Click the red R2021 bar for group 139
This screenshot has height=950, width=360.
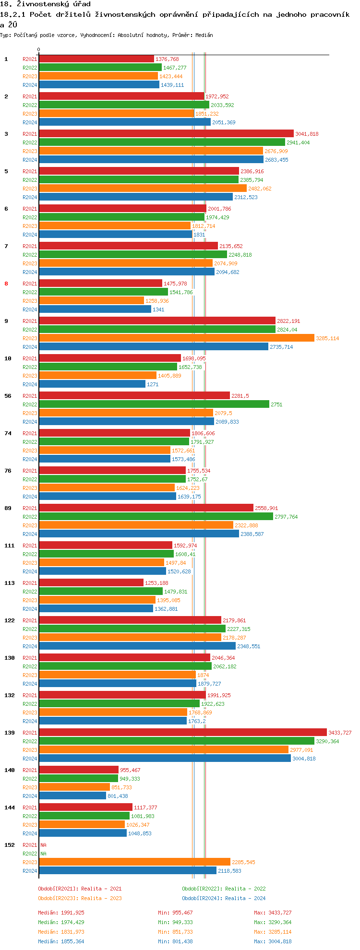tap(182, 732)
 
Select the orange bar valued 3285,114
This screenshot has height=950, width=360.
tap(176, 338)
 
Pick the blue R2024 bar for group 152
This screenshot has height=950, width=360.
tap(127, 870)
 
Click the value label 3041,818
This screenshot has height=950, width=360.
tap(307, 134)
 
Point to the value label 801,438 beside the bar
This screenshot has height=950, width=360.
tap(118, 796)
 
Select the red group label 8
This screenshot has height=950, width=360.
tap(6, 284)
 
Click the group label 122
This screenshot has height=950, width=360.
tap(10, 620)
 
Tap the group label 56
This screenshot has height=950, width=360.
tap(8, 396)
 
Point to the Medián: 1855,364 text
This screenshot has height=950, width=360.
tap(61, 941)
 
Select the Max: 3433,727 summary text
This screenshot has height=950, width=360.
tap(273, 913)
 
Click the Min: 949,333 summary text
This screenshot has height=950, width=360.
tap(175, 922)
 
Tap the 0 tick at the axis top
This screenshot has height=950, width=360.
tap(39, 49)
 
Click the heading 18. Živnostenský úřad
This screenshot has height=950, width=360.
tap(45, 4)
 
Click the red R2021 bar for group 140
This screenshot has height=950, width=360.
tap(79, 770)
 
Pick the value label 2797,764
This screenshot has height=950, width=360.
tap(286, 517)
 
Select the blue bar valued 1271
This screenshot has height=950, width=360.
tap(92, 384)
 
